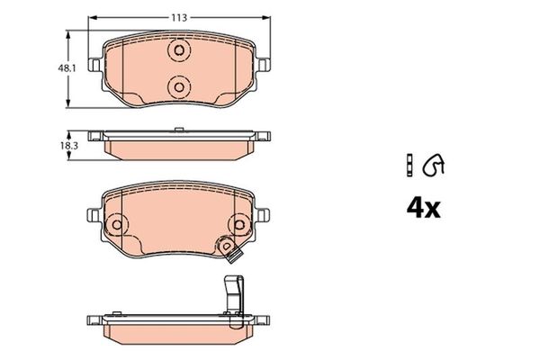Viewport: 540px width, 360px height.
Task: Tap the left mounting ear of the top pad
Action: point(92,65)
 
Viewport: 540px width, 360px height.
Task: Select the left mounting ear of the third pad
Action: point(92,216)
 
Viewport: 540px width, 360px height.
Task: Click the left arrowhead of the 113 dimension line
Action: point(94,15)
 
